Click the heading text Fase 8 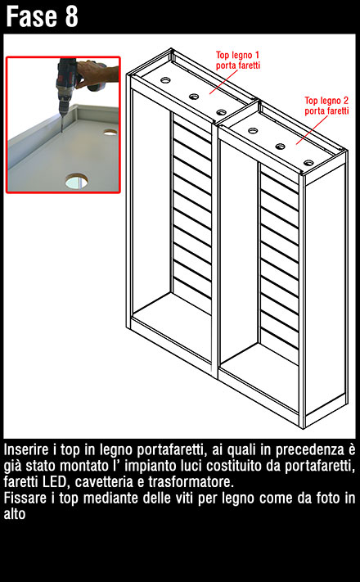[42, 16]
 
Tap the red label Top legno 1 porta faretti [238, 61]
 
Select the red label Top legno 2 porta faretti [326, 106]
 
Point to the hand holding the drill [98, 74]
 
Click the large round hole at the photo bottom [77, 181]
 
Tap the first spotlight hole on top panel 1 [165, 79]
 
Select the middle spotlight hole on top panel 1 [194, 97]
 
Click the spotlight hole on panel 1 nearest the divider [221, 112]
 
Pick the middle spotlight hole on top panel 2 [280, 147]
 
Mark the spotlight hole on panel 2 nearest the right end [308, 163]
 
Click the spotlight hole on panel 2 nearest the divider [253, 131]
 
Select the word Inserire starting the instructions [26, 449]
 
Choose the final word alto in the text [15, 514]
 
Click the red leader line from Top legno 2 [312, 130]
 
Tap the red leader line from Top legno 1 [223, 82]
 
